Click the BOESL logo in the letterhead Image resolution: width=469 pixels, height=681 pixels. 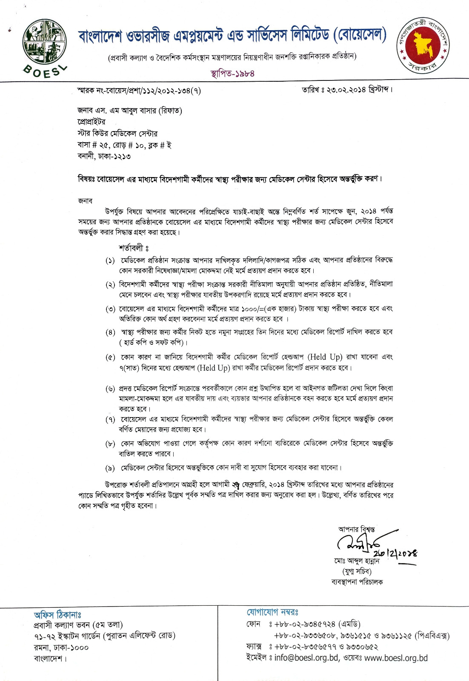click(45, 48)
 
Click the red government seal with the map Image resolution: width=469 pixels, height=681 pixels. click(423, 45)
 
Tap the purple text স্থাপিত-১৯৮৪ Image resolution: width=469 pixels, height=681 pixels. click(232, 73)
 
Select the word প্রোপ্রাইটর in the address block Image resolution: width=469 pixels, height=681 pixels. click(92, 122)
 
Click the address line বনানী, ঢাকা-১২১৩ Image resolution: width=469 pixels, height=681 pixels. click(104, 156)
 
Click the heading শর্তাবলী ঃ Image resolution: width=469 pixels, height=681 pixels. click(133, 248)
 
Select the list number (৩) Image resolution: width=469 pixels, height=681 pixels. click(110, 309)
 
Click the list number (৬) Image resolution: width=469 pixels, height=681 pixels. click(110, 389)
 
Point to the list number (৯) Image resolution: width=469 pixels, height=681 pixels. click(110, 468)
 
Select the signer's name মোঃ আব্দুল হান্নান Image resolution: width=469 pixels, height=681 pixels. click(357, 561)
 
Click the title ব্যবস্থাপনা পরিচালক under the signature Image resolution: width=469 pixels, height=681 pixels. click(357, 582)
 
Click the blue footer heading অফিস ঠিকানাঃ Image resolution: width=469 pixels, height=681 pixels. click(57, 615)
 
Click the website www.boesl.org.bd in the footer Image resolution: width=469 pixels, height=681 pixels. click(396, 658)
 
